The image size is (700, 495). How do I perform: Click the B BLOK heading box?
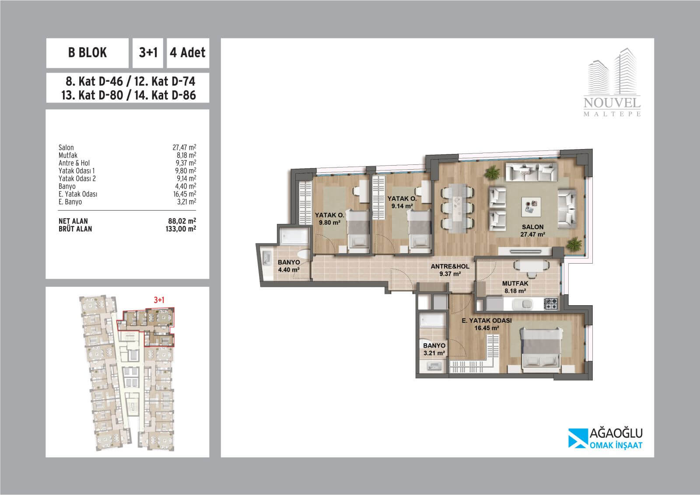click(x=87, y=53)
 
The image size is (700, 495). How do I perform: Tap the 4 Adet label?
click(x=188, y=52)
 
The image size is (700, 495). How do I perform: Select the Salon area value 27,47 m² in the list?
click(x=184, y=147)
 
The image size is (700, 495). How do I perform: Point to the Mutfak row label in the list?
click(x=68, y=155)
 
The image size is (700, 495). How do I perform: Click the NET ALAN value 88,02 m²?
click(x=182, y=221)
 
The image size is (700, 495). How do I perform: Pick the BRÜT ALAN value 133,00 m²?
click(x=181, y=229)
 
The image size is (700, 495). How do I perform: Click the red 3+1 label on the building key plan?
click(x=159, y=300)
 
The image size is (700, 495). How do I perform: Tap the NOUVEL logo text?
click(x=612, y=102)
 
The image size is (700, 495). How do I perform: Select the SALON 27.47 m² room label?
click(x=532, y=230)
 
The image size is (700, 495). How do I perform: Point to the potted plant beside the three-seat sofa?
click(x=493, y=172)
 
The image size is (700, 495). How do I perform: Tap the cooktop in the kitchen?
click(x=551, y=303)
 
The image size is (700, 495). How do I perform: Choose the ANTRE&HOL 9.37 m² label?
click(x=450, y=270)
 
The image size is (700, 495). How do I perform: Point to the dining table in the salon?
click(x=458, y=208)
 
